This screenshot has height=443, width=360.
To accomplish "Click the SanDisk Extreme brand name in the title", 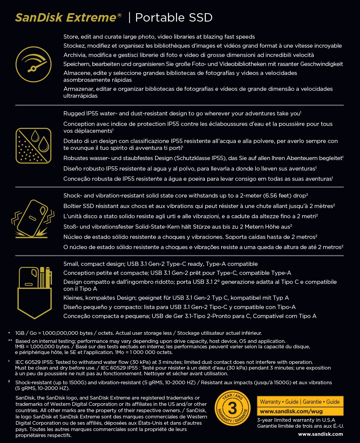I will click(x=65, y=17).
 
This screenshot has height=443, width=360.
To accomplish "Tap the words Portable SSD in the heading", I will click(x=174, y=17).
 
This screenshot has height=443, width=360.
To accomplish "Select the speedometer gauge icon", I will click(x=33, y=64).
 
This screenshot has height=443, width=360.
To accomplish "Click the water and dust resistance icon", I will click(x=33, y=146).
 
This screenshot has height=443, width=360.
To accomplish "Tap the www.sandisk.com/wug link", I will click(x=291, y=411).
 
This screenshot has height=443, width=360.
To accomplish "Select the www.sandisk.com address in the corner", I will click(x=320, y=434).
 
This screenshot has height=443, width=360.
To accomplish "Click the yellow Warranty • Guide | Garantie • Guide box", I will click(x=300, y=402).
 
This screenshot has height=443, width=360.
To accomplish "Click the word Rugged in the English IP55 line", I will click(x=74, y=114).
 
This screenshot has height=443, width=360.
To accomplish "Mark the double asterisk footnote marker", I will click(x=10, y=341).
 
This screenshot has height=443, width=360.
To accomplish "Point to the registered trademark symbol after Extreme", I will click(x=119, y=15).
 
